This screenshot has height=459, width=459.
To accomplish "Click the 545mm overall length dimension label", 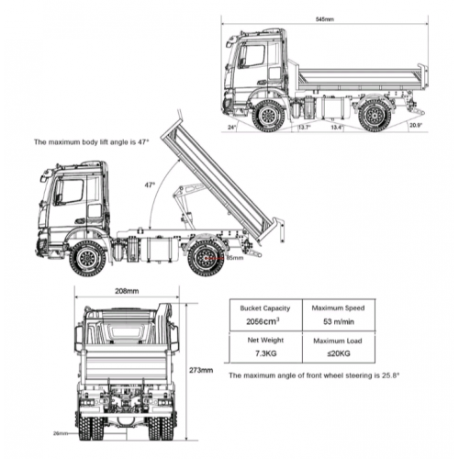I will point(324,18).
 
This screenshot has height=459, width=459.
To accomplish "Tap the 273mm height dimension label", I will point(202,371).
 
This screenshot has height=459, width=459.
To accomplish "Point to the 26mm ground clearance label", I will point(60,432).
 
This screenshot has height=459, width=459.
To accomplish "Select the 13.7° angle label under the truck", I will point(303,128).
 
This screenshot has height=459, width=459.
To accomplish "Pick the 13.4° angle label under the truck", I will point(337,128).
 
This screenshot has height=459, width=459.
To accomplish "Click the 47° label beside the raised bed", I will point(148,185).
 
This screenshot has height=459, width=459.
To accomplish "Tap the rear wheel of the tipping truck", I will point(205,258).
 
